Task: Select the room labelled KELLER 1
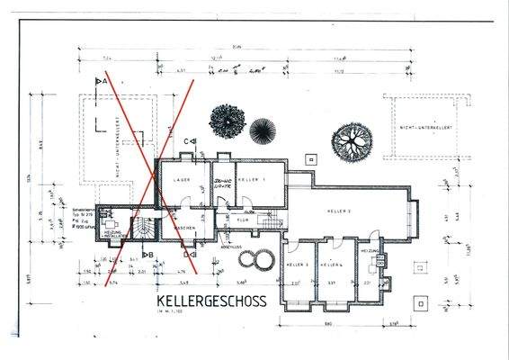[x=255, y=180]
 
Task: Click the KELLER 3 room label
[x=299, y=265]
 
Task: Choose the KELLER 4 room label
[x=336, y=265]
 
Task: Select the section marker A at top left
[x=101, y=81]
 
